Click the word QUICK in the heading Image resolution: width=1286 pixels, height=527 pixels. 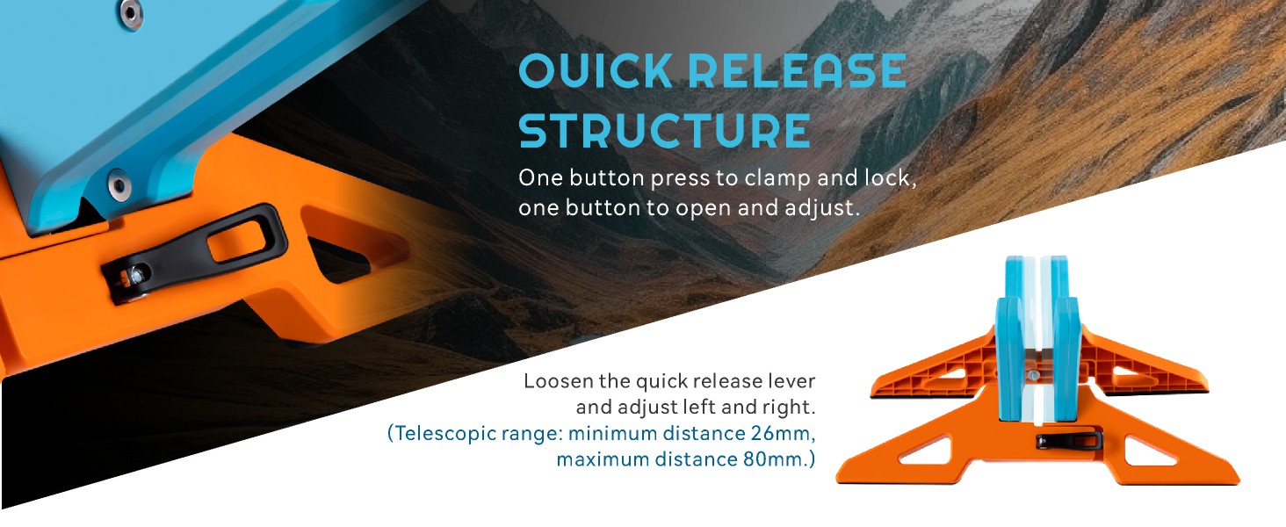[596, 71]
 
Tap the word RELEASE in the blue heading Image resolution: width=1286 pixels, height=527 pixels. [798, 71]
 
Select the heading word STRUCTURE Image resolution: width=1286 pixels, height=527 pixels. [664, 130]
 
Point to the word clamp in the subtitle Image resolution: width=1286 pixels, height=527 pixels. [778, 178]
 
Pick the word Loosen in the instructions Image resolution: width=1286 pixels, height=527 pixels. [558, 381]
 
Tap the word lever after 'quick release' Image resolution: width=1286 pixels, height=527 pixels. [790, 381]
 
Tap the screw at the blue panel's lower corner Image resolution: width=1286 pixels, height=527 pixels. [119, 184]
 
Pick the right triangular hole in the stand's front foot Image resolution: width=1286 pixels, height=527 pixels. [1151, 451]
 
